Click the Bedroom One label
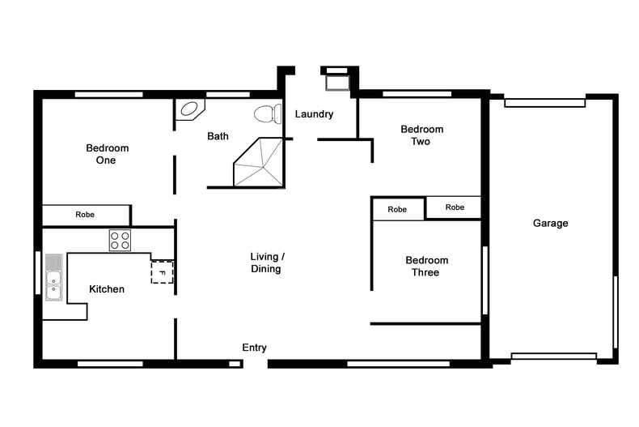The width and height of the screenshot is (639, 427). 107,154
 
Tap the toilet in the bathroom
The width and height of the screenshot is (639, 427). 266,113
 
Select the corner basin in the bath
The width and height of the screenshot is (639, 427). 189,109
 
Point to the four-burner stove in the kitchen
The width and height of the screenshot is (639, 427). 120,240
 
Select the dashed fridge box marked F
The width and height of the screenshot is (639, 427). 162,272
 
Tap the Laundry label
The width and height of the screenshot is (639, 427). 314,114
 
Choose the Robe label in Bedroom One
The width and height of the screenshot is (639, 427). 85,215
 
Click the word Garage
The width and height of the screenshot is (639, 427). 550,223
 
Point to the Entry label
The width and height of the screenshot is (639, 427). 254,348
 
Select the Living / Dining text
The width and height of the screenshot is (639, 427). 266,263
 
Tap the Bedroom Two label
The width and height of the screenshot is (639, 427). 421,135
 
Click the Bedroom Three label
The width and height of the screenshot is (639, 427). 426,266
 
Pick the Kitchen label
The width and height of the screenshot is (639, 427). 107,289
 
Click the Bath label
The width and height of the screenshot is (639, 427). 218,136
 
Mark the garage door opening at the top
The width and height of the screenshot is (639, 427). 544,103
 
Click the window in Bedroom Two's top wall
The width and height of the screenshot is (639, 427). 417,94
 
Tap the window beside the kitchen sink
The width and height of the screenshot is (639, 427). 38,272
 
